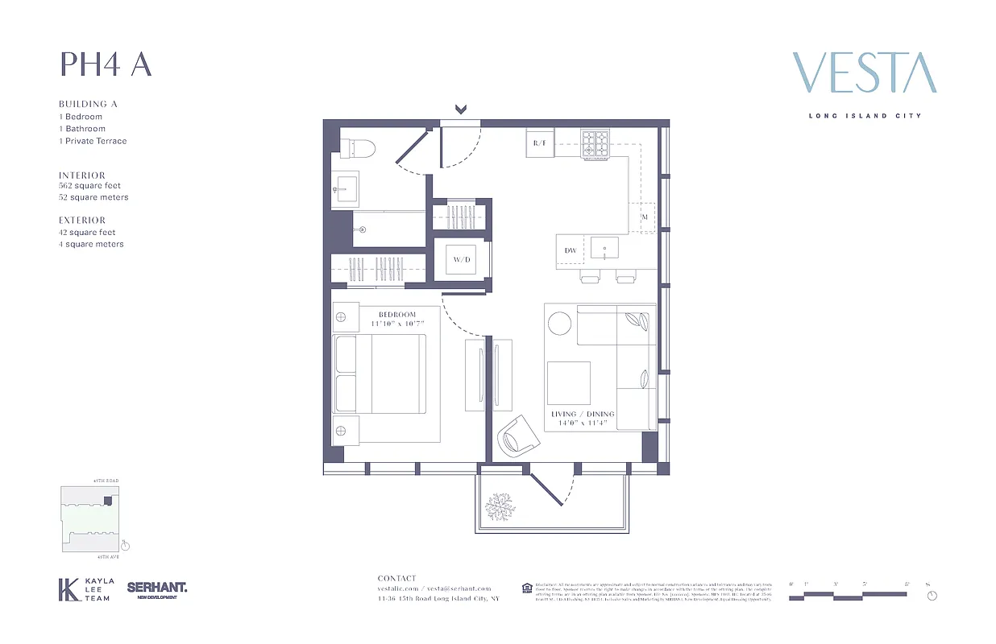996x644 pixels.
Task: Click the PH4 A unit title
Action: click(x=106, y=64)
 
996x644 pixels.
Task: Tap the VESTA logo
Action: click(x=864, y=73)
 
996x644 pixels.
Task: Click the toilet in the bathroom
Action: click(x=357, y=147)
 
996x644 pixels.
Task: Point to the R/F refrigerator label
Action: click(x=540, y=144)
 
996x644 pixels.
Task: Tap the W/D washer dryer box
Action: click(x=460, y=259)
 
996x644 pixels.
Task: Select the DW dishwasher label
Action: click(x=570, y=251)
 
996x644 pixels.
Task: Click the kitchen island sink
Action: click(x=604, y=249)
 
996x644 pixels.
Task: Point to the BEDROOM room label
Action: click(x=397, y=314)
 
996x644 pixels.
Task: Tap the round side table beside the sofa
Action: click(x=559, y=324)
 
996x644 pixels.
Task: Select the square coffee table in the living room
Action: click(x=568, y=383)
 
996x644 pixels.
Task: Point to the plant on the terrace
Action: click(x=499, y=507)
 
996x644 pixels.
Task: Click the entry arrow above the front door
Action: click(x=461, y=109)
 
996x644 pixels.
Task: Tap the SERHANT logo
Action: click(x=157, y=588)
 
